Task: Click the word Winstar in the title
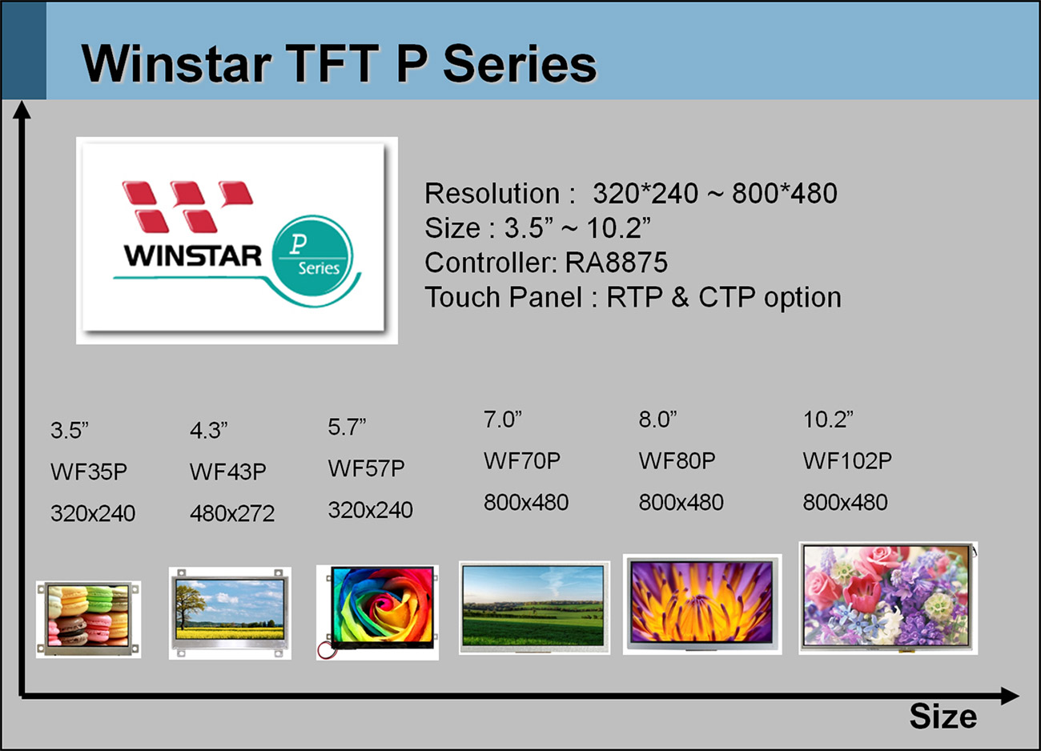(177, 64)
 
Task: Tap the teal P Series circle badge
(312, 255)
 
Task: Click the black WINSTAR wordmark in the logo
(193, 255)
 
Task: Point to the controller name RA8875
(617, 262)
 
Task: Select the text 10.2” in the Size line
(618, 227)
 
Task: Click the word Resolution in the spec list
(492, 193)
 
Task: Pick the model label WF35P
(89, 472)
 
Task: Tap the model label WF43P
(227, 472)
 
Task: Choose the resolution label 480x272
(232, 513)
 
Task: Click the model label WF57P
(366, 468)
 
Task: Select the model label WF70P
(522, 461)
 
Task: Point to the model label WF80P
(677, 461)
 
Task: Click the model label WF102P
(847, 461)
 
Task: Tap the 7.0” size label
(503, 420)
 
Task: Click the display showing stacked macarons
(88, 619)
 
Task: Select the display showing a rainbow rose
(377, 612)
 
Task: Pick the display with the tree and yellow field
(230, 613)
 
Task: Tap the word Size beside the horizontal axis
(943, 716)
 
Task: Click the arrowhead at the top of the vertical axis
(22, 110)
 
